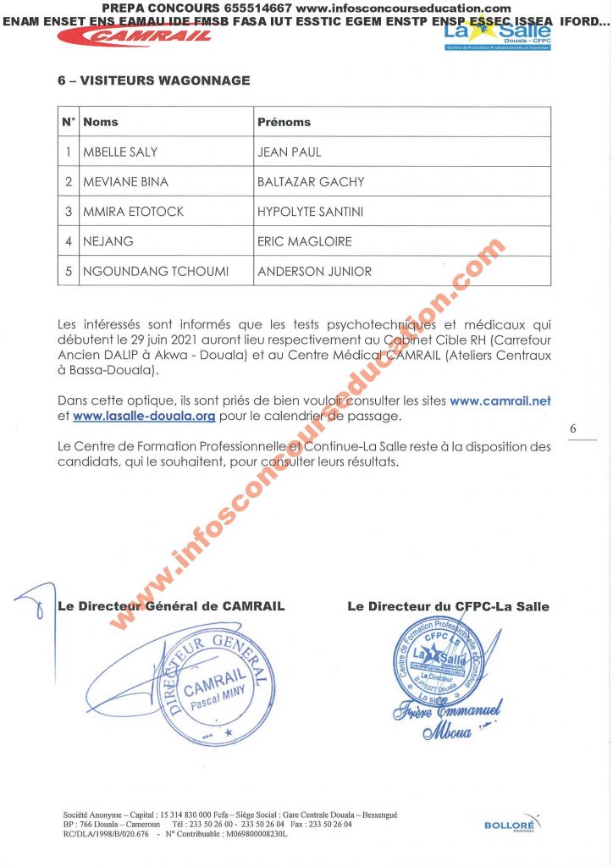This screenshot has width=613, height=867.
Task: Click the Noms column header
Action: pyautogui.click(x=101, y=122)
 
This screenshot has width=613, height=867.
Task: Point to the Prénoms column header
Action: pyautogui.click(x=284, y=122)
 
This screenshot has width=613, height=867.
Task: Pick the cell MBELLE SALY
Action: pyautogui.click(x=120, y=152)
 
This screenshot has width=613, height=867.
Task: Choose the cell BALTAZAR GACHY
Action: pyautogui.click(x=311, y=182)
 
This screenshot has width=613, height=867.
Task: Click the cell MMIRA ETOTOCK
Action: pyautogui.click(x=133, y=212)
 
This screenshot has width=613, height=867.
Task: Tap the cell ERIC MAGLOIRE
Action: pyautogui.click(x=304, y=241)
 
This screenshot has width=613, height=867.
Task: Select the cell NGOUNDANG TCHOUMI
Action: pyautogui.click(x=156, y=272)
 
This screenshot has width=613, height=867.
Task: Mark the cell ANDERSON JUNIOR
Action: pyautogui.click(x=314, y=272)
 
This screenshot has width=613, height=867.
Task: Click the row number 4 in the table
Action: pyautogui.click(x=69, y=241)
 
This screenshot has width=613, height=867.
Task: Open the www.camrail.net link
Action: pyautogui.click(x=500, y=400)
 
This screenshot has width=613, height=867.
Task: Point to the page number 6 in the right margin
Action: pyautogui.click(x=572, y=429)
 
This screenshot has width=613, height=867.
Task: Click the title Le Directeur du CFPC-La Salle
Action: pyautogui.click(x=448, y=606)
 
